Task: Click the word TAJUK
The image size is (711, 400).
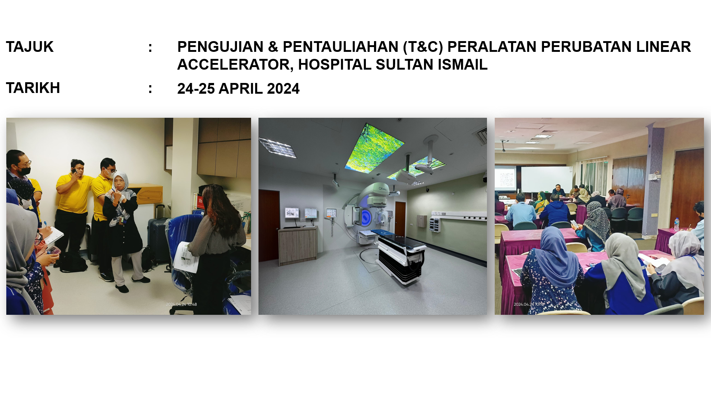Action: (x=30, y=47)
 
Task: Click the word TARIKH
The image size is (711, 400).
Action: (x=33, y=88)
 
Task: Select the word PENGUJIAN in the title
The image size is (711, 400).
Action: (x=220, y=47)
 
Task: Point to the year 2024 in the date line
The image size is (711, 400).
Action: (x=283, y=89)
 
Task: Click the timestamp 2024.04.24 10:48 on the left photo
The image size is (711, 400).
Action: (x=181, y=304)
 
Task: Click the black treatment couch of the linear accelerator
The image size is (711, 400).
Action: (x=400, y=256)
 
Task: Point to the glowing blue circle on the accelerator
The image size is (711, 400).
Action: (x=366, y=217)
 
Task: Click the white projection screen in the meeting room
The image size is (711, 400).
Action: (x=547, y=179)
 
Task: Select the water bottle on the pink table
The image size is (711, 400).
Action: (x=677, y=224)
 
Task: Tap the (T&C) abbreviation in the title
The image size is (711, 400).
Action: (x=423, y=47)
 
